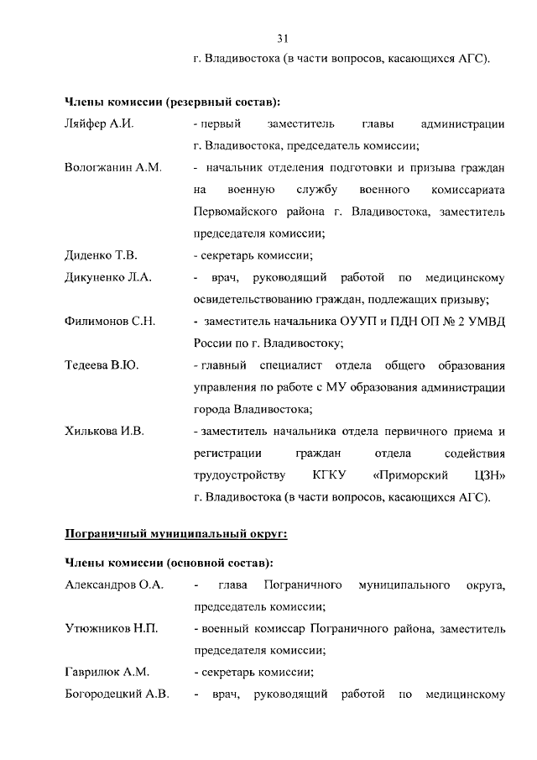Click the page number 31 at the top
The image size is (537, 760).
coord(283,37)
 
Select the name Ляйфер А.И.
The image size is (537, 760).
coord(100,124)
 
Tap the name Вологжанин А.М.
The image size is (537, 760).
coord(112,168)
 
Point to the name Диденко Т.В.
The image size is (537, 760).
coord(101,255)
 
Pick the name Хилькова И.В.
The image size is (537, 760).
coord(105,432)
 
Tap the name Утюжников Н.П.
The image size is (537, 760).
coord(112,628)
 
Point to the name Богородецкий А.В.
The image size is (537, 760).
coord(117,694)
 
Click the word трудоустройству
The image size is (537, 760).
coord(239,475)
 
